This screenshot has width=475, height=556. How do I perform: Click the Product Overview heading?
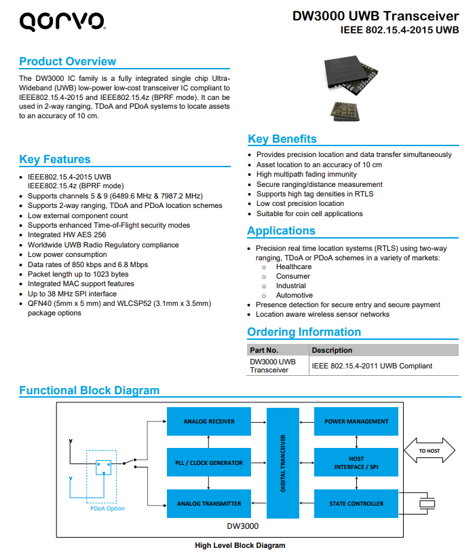(x=67, y=62)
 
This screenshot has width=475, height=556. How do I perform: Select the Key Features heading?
(x=55, y=160)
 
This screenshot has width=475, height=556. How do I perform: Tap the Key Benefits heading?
(x=282, y=139)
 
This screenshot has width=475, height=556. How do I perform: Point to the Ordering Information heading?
(x=304, y=332)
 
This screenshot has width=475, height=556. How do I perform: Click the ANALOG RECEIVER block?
(x=209, y=421)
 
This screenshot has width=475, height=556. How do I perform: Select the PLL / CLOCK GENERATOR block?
(x=209, y=463)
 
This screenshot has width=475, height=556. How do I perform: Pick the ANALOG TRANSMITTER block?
(x=209, y=504)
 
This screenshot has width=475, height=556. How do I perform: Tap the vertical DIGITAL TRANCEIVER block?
(x=283, y=463)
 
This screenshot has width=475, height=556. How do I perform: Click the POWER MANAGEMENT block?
(x=356, y=421)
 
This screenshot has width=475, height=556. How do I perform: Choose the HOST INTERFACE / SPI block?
(x=356, y=463)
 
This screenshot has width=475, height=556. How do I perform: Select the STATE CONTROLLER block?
(x=356, y=504)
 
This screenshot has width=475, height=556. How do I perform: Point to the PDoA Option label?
(x=108, y=508)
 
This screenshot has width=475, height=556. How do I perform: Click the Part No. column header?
(x=264, y=350)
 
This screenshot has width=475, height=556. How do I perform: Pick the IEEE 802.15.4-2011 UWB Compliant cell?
(x=372, y=366)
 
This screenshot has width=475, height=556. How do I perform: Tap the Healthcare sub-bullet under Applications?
(x=294, y=267)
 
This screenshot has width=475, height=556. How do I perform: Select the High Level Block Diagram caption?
(x=240, y=546)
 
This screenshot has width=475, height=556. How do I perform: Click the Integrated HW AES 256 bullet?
(x=66, y=235)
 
